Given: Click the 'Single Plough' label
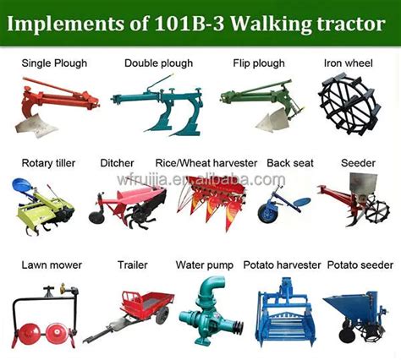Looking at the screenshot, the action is coord(54,63).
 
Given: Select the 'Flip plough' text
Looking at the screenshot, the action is coord(259,63).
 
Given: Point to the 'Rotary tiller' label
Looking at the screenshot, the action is coord(48,163).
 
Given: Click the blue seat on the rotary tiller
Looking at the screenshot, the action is coord(22,184).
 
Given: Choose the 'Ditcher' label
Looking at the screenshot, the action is coord(117,163).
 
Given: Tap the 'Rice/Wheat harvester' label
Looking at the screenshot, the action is coord(206,163).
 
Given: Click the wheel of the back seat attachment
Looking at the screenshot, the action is coord(267,214).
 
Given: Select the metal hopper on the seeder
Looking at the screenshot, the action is coord(363,183).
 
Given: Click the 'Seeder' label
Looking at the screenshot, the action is coord(358,163).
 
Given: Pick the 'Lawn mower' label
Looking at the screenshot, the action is coord(52,265).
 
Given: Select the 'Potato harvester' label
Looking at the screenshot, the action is coord(282,265).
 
